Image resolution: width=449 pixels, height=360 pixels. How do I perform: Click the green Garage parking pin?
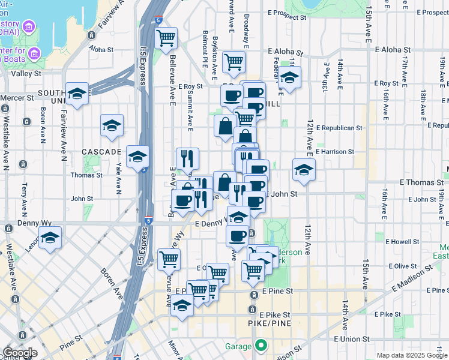261,346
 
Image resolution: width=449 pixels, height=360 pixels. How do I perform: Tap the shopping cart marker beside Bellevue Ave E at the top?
166,38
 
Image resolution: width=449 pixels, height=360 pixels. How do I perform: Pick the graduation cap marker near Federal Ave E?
289,78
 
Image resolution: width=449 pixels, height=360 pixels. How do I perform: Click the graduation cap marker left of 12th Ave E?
304,170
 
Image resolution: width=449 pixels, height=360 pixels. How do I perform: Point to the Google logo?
19,353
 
